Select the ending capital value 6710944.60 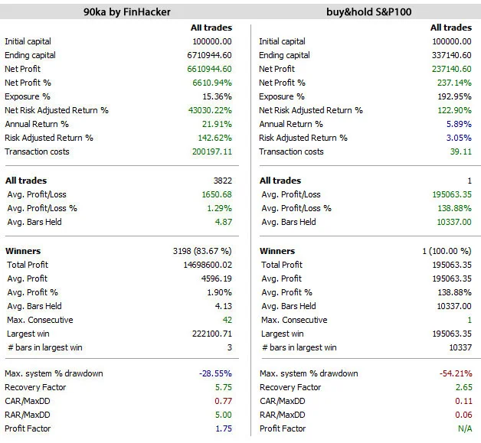(206, 55)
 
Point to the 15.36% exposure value (215, 96)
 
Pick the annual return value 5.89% (459, 124)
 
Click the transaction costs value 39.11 (462, 151)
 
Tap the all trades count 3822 (220, 181)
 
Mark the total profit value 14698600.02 (204, 265)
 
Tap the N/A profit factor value (464, 428)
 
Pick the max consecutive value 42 (226, 320)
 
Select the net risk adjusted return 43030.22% (208, 110)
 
